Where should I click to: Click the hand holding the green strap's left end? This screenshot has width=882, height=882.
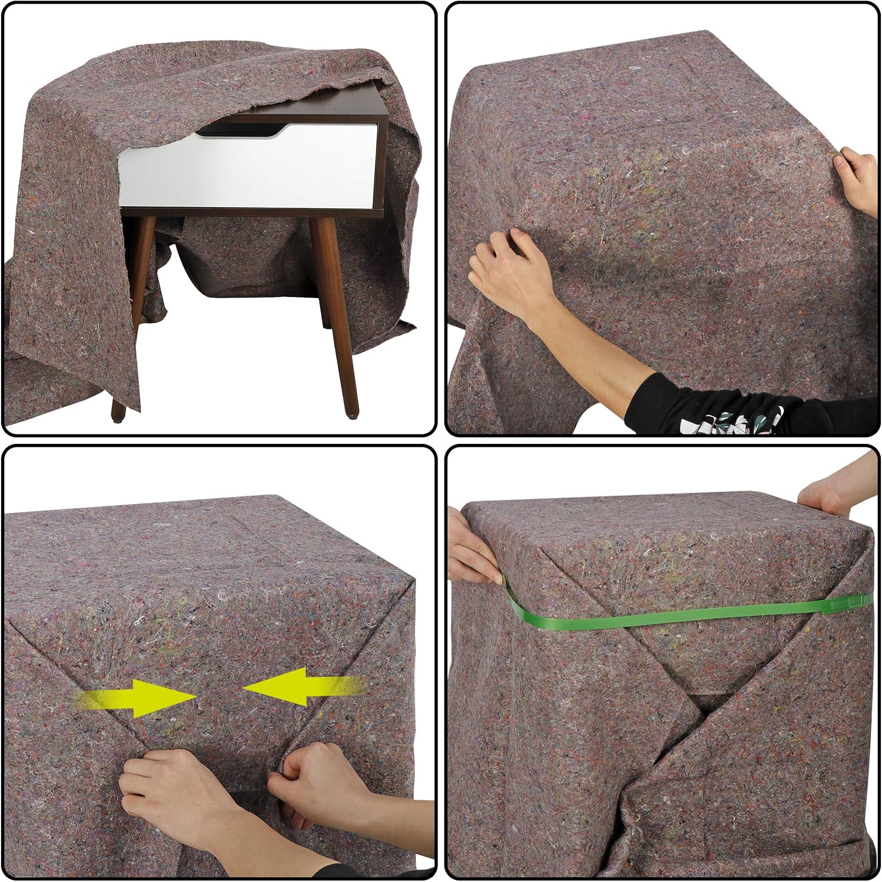(x=473, y=544)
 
